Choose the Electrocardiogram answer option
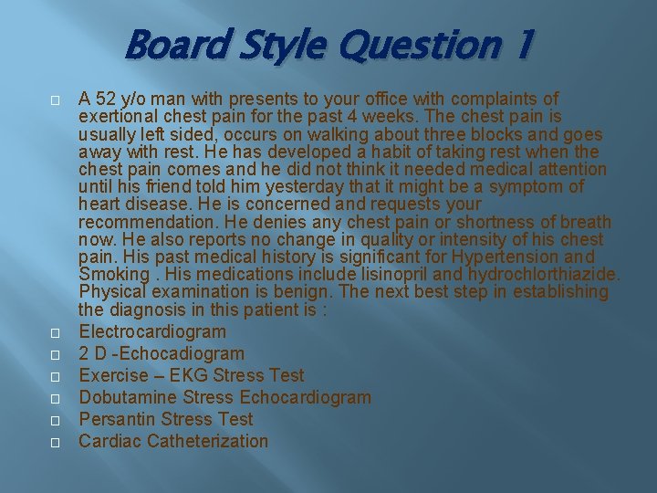coord(152,331)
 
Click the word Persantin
coord(117,419)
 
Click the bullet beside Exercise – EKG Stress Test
coord(55,376)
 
